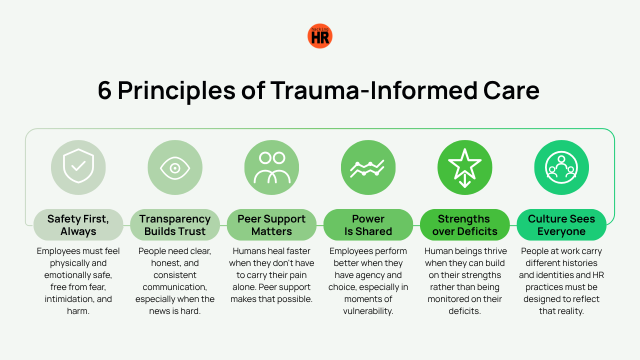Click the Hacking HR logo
[x=319, y=36]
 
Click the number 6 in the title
[x=104, y=90]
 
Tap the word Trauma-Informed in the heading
[x=373, y=90]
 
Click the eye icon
[x=175, y=168]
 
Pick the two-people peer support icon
[x=271, y=167]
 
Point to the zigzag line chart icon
[x=367, y=168]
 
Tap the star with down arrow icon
[x=465, y=168]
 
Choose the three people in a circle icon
[x=561, y=167]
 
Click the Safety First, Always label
[x=78, y=225]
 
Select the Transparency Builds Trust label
[x=175, y=225]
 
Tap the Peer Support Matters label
[x=271, y=225]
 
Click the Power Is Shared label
[x=368, y=225]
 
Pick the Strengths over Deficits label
[x=465, y=225]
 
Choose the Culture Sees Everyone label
[x=561, y=225]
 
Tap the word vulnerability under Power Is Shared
[x=368, y=311]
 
